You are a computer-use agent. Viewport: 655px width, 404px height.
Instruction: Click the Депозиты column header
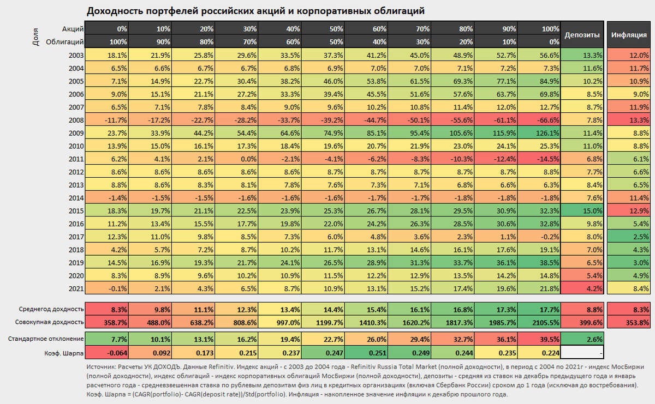[x=582, y=35]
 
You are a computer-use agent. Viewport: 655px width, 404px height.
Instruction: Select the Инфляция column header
[x=629, y=35]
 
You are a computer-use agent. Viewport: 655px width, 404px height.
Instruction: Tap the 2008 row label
[x=76, y=120]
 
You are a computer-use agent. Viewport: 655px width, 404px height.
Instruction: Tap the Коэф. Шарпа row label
[x=64, y=353]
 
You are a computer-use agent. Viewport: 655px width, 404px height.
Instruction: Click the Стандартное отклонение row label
[x=46, y=339]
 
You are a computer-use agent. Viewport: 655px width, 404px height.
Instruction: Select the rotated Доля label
[x=35, y=37]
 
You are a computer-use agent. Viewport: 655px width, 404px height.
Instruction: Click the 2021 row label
[x=76, y=289]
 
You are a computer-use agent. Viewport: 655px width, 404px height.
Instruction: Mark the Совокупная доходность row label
[x=50, y=322]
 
